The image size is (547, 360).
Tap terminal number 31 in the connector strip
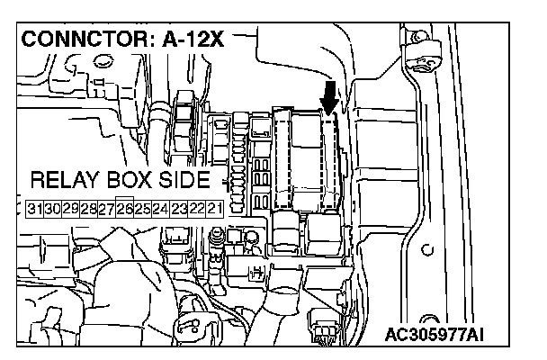point(36,209)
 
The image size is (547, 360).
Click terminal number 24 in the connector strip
point(161,209)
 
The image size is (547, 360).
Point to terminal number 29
point(71,209)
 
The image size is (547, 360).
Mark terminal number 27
point(107,209)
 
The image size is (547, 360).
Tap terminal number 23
point(179,209)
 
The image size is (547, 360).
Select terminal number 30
point(53,209)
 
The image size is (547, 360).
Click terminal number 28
point(89,209)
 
